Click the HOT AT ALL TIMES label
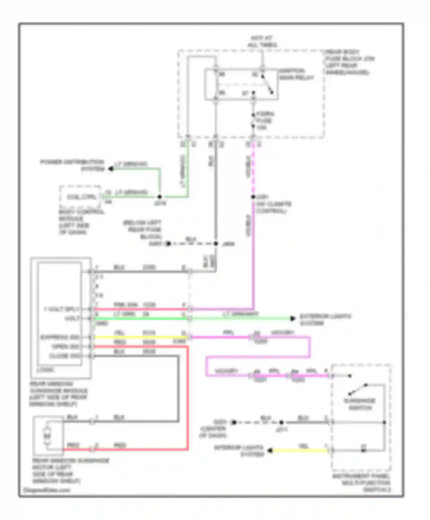coord(262,42)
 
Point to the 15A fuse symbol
coord(253,121)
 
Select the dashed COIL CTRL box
coord(80,197)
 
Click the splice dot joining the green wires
coord(160,197)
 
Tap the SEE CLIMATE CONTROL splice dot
coord(253,197)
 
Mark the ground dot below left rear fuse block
coord(168,244)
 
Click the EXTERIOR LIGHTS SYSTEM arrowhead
coord(293,318)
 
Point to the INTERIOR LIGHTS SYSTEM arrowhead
coord(270,451)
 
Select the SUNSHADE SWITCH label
coord(359,404)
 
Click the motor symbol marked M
coord(47,436)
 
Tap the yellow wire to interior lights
coord(300,451)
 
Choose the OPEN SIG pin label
coord(65,347)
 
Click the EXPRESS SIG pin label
coord(60,337)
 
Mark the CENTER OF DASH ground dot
coord(234,422)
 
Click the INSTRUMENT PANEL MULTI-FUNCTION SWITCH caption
coord(362,483)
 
